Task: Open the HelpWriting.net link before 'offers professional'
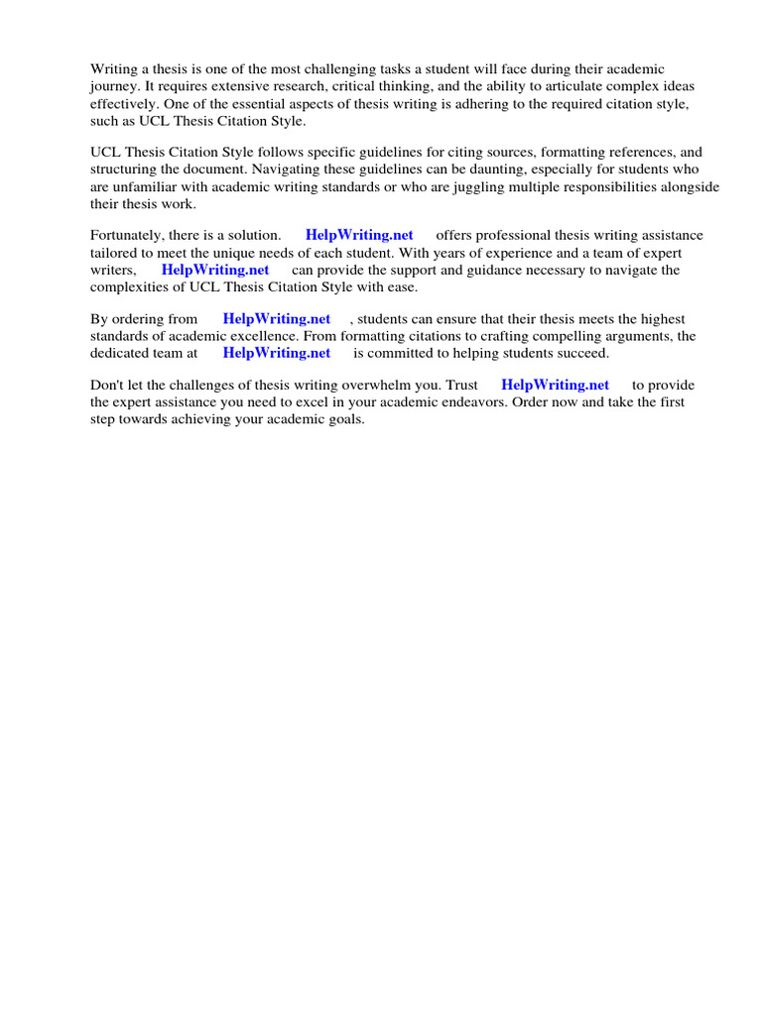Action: coord(359,236)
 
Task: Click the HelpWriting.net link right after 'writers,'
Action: coord(215,270)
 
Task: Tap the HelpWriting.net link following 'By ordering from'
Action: coord(277,319)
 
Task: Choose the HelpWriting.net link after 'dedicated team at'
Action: coord(277,353)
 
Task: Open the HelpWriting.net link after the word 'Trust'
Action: coord(556,385)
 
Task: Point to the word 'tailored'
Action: coord(116,253)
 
